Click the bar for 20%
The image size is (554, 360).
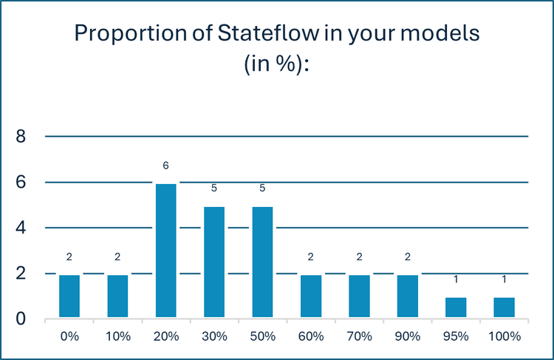click(166, 251)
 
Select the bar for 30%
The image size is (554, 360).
click(214, 263)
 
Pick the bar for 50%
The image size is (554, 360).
click(262, 263)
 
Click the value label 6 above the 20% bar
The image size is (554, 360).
click(166, 165)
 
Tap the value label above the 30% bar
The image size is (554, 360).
click(214, 188)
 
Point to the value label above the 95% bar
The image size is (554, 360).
click(456, 279)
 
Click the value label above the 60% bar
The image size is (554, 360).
click(311, 257)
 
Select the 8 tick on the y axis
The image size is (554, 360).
click(21, 137)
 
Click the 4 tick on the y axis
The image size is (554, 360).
click(21, 228)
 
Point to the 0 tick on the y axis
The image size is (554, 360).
click(21, 319)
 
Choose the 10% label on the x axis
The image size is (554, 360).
click(117, 336)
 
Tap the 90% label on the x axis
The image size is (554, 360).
click(408, 336)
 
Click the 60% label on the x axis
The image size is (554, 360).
click(311, 336)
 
